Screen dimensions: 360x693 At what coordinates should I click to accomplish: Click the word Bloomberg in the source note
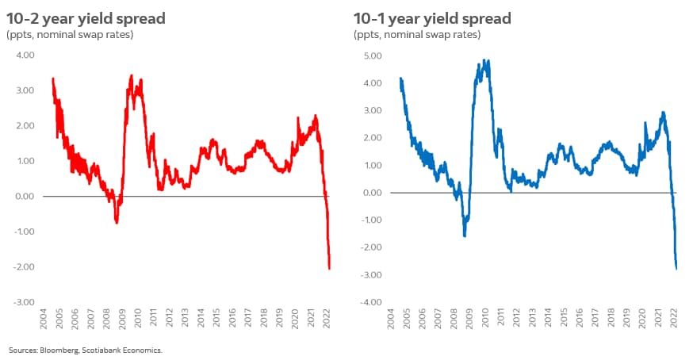pos(59,350)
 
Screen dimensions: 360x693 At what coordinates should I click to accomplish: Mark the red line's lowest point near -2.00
pos(329,268)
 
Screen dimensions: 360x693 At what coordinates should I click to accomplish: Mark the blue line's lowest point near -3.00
pos(676,269)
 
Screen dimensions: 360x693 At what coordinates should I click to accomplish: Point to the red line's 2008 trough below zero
pos(117,222)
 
